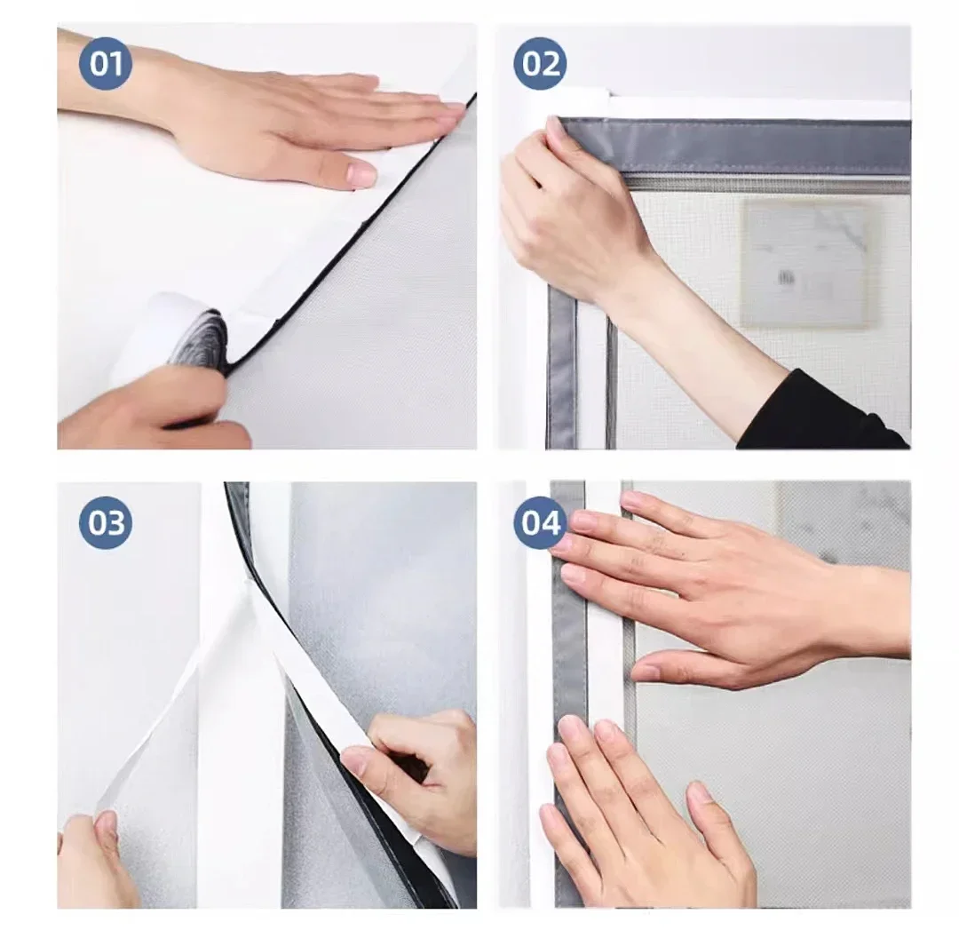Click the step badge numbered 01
106,64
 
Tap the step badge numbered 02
540,64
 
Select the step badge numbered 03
106,522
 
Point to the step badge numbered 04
540,522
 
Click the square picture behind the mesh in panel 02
807,265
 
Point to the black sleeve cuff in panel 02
820,411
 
